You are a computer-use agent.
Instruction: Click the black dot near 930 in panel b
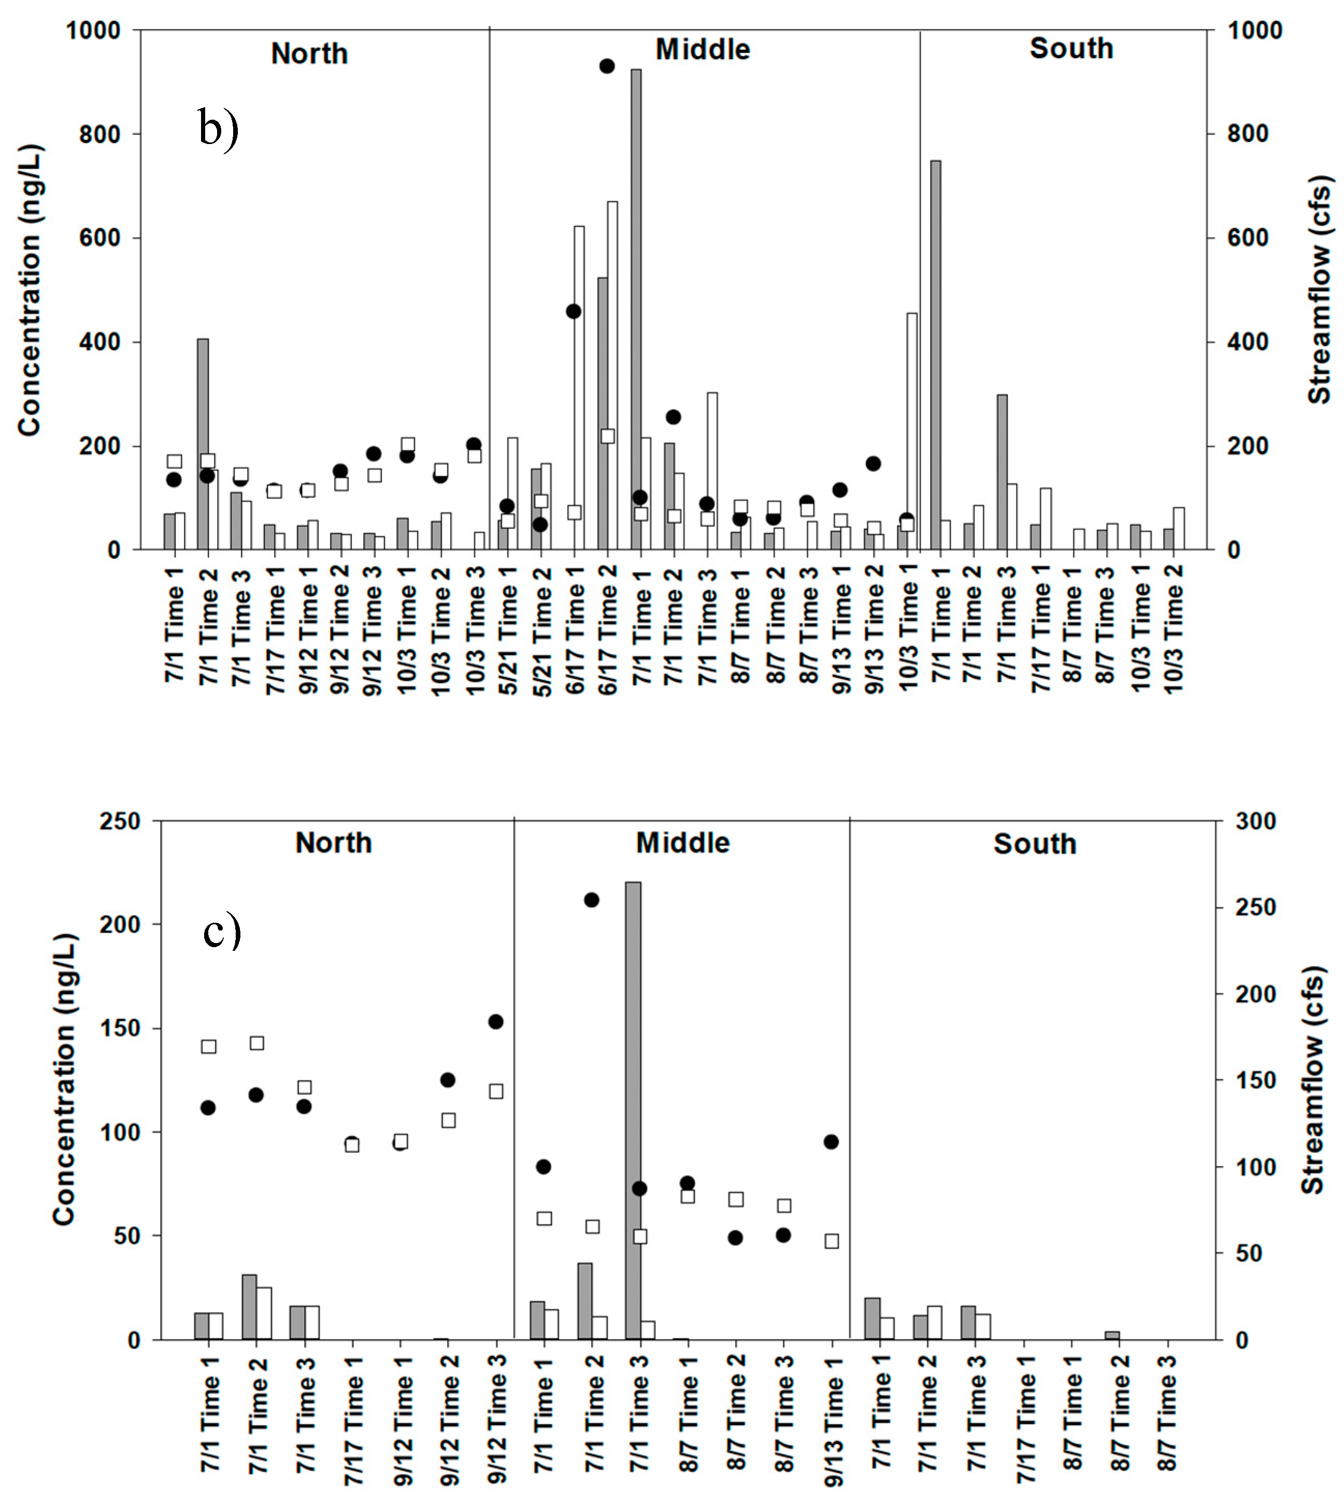tap(607, 66)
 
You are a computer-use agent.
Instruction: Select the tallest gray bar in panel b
tap(636, 310)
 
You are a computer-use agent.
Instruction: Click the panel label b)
tap(219, 128)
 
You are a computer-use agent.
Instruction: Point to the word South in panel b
tap(1071, 49)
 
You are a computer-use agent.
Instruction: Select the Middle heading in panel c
tap(682, 842)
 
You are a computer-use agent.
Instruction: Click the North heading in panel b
tap(309, 54)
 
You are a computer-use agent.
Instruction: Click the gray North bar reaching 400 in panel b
tap(203, 443)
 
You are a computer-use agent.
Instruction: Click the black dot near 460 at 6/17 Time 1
tap(574, 311)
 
